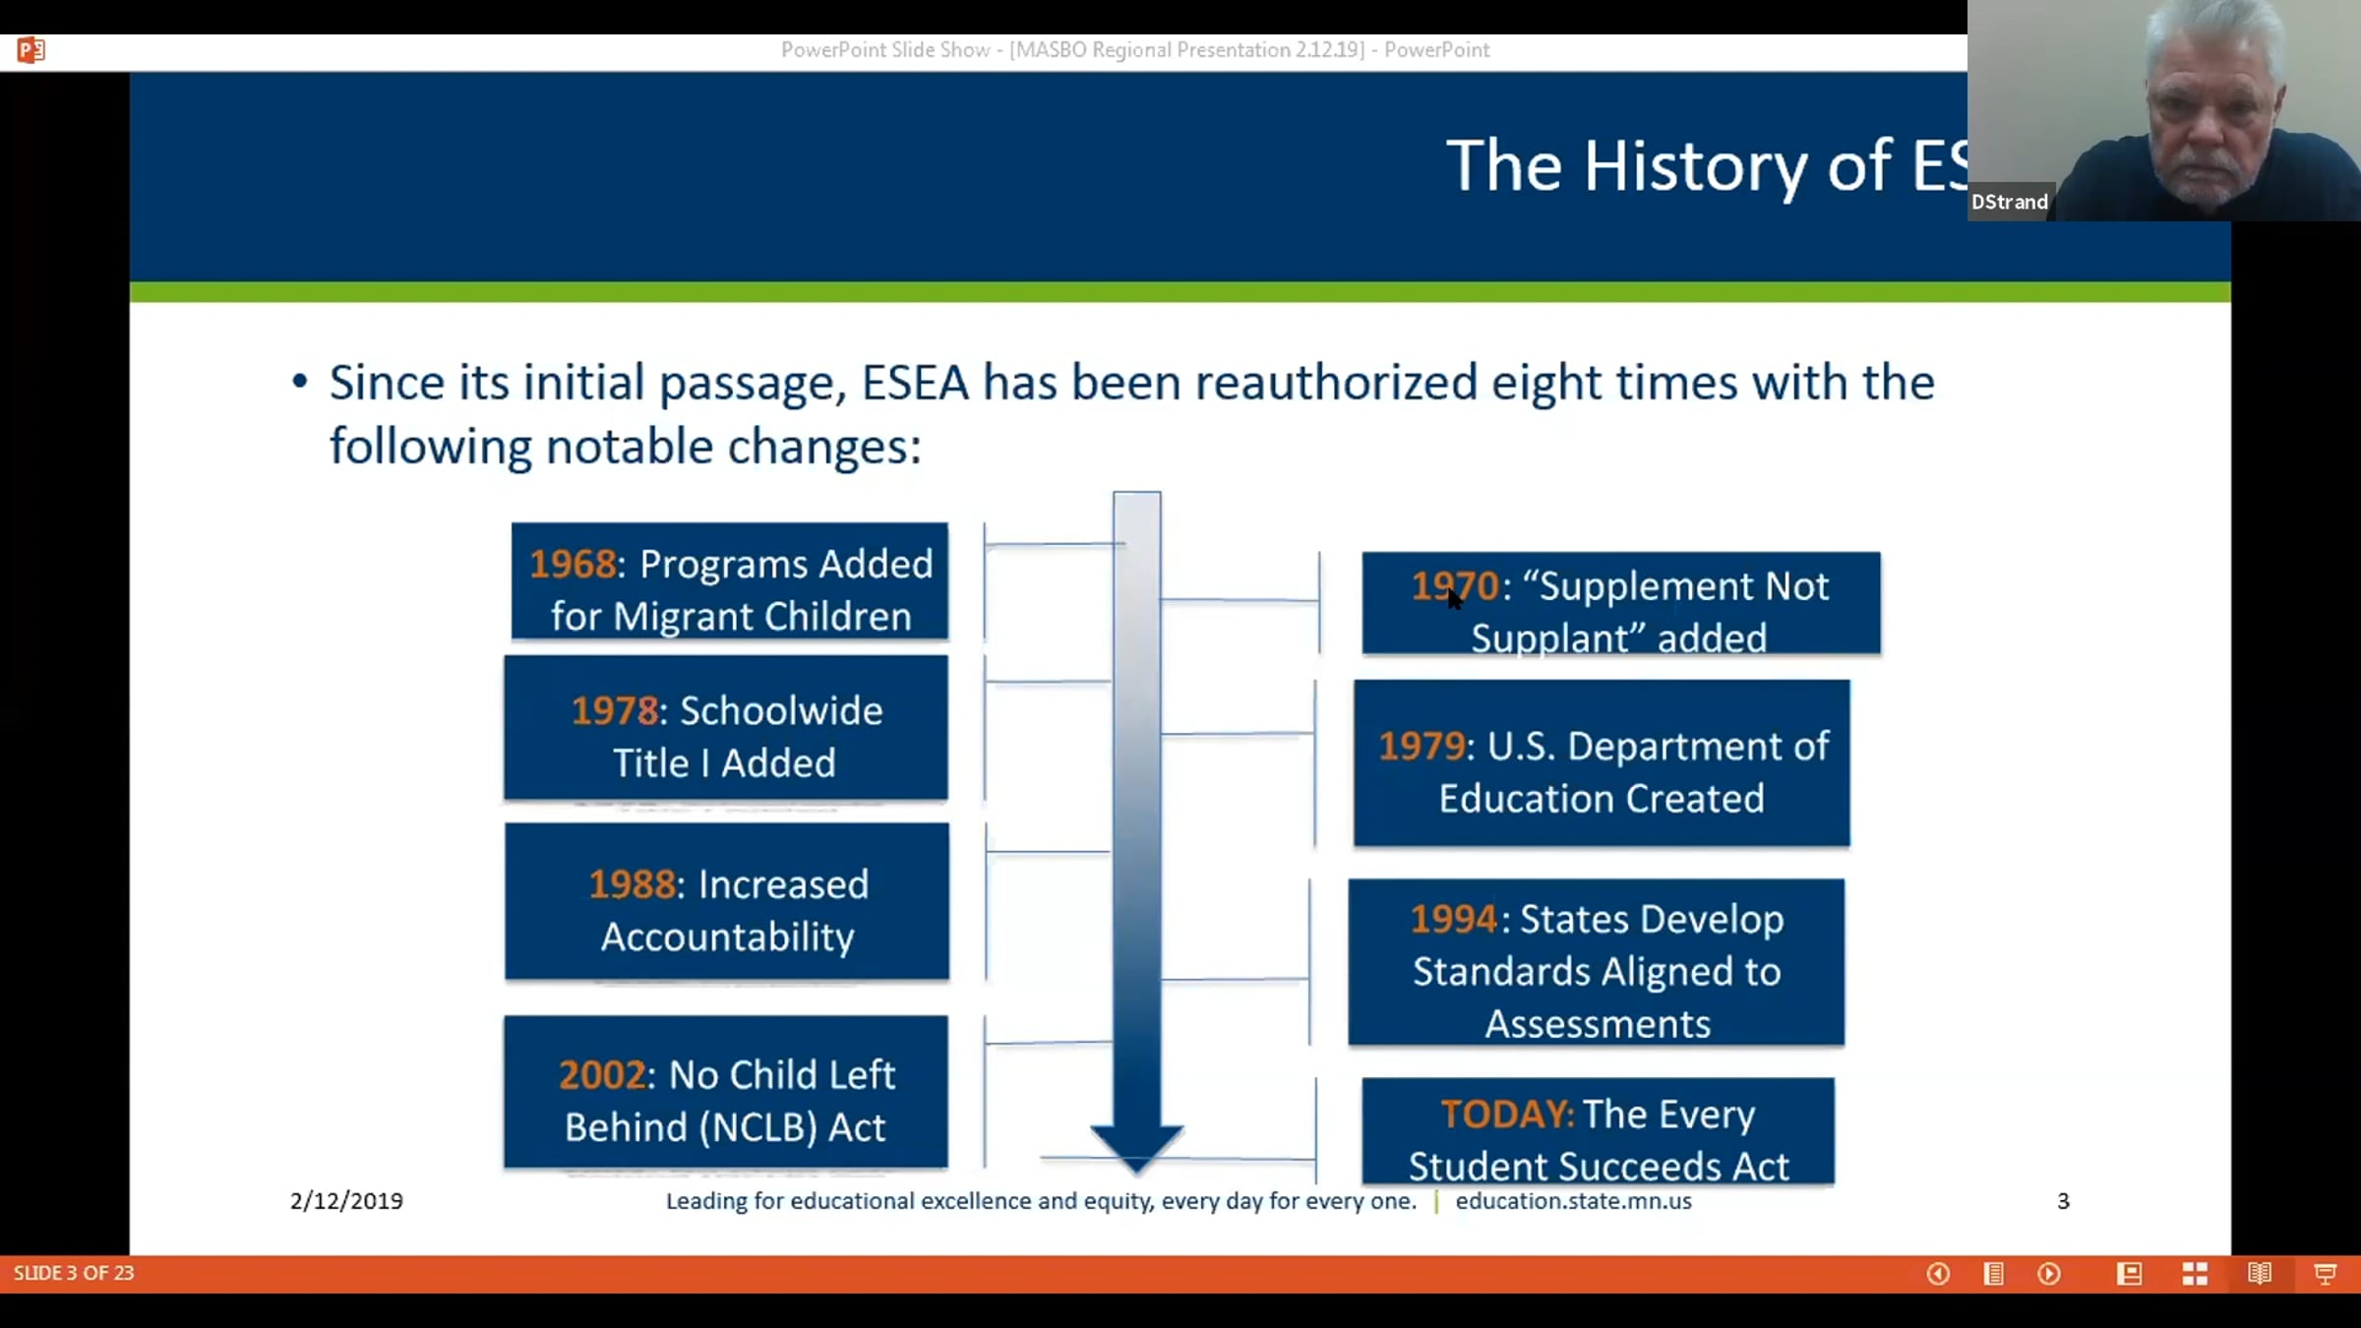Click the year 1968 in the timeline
[573, 564]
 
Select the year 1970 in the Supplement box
[1454, 586]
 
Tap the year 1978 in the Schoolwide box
[615, 710]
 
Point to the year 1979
[1422, 746]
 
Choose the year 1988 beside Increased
[633, 884]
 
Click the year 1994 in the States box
[1453, 919]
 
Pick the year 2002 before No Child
[602, 1075]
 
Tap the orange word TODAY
[1505, 1115]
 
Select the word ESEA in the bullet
[915, 383]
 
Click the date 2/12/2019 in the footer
[346, 1201]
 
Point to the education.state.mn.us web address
[1574, 1201]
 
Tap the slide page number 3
[2063, 1201]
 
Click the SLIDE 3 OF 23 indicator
[74, 1273]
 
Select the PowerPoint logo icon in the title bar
[30, 49]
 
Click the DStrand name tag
[2010, 202]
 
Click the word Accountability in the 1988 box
[728, 936]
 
